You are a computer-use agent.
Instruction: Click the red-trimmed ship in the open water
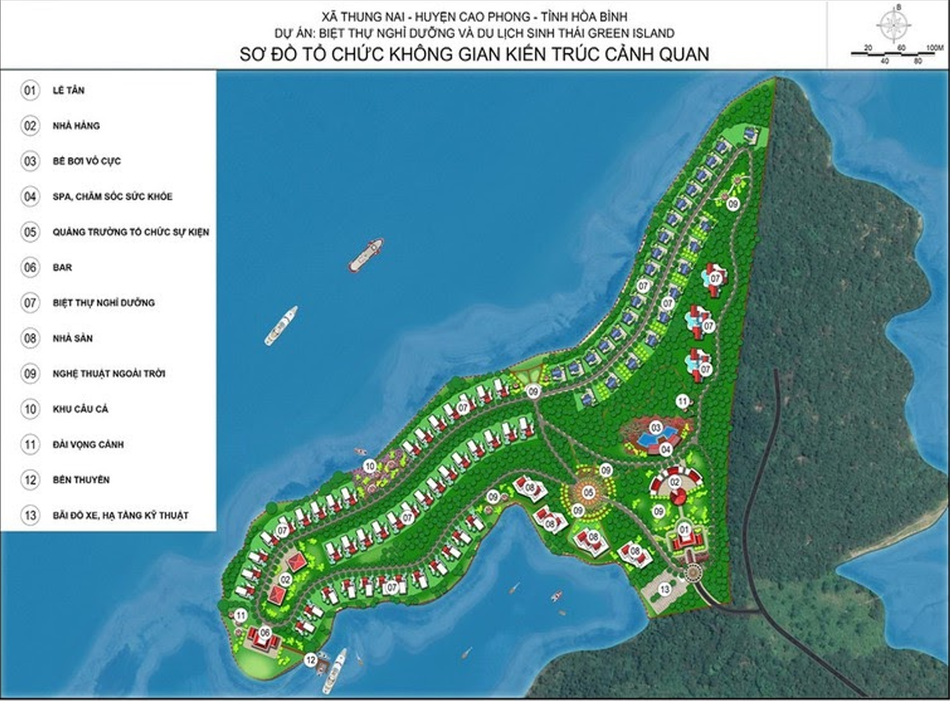click(366, 254)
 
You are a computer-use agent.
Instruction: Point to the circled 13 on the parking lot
click(665, 589)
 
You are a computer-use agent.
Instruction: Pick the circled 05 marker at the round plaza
click(588, 493)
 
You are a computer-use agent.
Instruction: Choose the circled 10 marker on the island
click(369, 466)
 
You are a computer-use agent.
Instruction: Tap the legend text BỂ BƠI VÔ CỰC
click(88, 162)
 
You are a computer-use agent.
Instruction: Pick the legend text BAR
click(62, 268)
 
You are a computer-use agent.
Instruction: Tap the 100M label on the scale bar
click(935, 48)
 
